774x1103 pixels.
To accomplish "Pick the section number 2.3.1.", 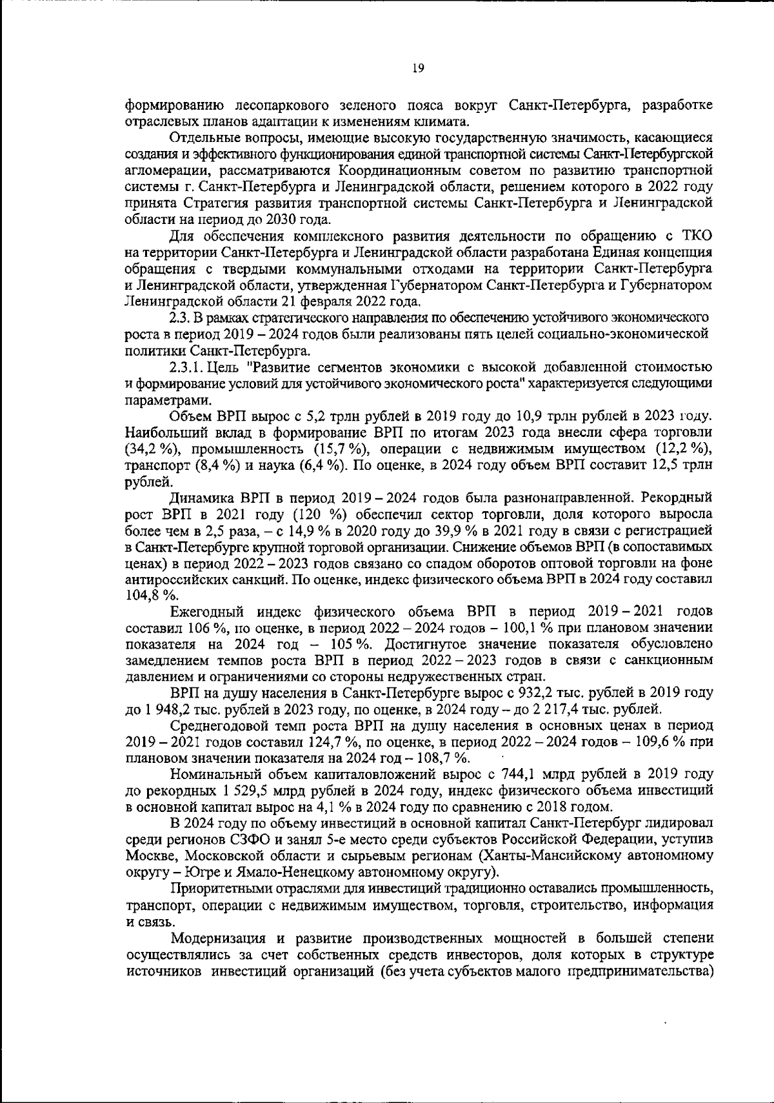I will tap(188, 368).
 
